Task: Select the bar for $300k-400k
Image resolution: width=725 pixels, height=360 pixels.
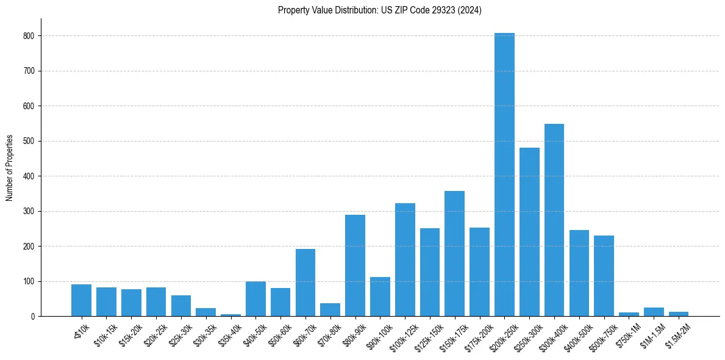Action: click(554, 220)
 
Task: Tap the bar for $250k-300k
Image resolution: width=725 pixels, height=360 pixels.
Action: click(529, 232)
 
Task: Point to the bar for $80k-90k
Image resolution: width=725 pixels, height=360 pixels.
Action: click(355, 265)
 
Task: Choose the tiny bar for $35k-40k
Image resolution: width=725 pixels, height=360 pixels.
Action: click(230, 315)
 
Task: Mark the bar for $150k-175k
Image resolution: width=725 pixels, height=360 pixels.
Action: click(454, 254)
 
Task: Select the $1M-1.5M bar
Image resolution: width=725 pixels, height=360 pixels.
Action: click(654, 312)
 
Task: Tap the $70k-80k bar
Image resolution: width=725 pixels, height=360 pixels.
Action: click(330, 310)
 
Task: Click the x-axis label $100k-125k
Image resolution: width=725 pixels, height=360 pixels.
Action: click(402, 333)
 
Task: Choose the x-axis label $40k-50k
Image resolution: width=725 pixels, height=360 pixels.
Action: click(255, 332)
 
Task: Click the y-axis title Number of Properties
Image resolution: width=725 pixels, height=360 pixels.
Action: click(9, 168)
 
